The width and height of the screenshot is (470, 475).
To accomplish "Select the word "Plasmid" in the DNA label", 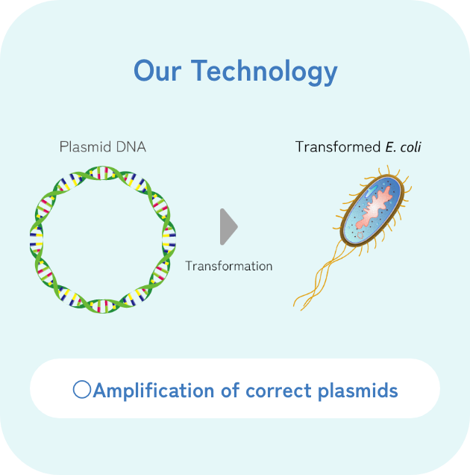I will (85, 147).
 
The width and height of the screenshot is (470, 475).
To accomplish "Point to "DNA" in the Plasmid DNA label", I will (131, 147).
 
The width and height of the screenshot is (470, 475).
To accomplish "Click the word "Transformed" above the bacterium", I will (337, 146).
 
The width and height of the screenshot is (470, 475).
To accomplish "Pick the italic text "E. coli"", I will (403, 146).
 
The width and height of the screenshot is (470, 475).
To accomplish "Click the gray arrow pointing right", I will (228, 227).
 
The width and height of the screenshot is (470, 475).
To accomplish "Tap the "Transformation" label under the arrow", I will (229, 266).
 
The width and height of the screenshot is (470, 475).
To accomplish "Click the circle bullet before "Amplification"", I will (82, 390).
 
